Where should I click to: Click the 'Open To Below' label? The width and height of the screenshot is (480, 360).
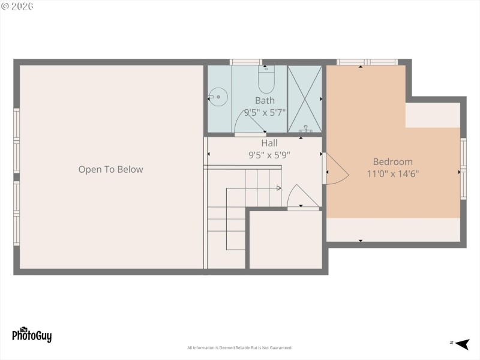coord(111,169)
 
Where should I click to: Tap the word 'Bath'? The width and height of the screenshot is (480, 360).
coord(265,100)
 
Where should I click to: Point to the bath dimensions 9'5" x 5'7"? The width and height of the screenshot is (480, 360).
coord(265,112)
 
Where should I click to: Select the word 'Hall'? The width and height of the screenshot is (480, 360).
coord(269,143)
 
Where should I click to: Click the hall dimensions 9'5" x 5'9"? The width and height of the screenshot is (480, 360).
coord(269,155)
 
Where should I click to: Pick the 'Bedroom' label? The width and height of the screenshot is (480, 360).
coord(393,161)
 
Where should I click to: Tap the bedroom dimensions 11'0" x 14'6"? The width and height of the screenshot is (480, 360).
coord(393,174)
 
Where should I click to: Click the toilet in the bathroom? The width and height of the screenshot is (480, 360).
coord(266,80)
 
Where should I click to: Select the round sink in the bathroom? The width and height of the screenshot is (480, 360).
coord(218,95)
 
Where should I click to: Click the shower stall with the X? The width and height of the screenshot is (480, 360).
coord(305,99)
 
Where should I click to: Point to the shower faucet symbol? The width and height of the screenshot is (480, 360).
coord(305,130)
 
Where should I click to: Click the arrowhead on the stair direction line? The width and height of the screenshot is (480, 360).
coord(279,188)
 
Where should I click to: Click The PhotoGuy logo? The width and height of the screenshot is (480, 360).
coord(32,334)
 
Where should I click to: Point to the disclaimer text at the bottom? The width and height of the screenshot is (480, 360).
coord(239,348)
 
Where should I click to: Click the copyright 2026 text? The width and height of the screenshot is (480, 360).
coord(17,6)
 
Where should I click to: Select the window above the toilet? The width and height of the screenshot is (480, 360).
coord(246,61)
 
